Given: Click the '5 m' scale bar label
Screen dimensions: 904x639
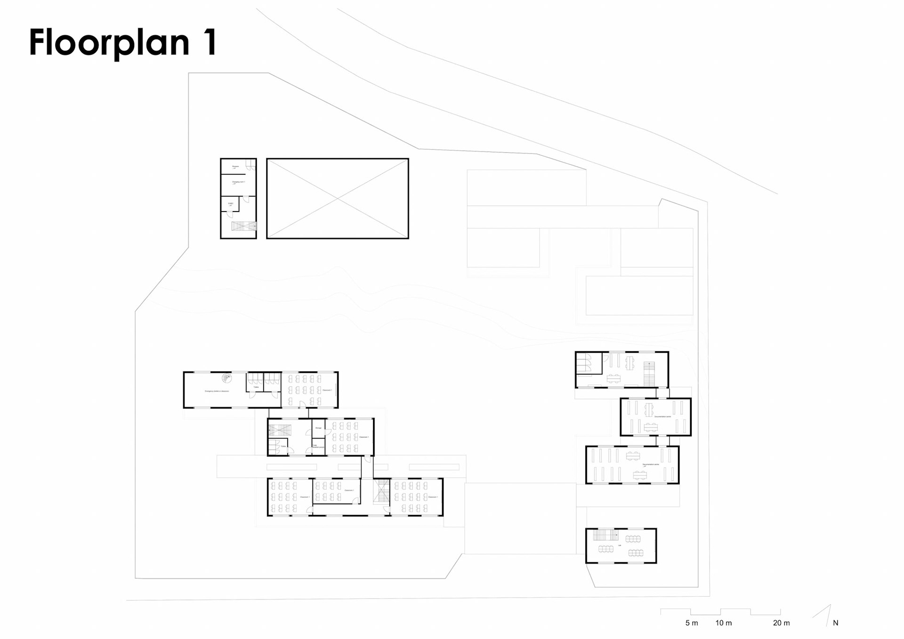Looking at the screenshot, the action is [691, 623].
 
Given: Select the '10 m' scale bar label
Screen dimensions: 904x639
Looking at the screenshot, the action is [724, 623].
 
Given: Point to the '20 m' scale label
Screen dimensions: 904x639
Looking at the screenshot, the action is [781, 623].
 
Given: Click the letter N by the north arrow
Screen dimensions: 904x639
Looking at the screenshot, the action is [836, 623].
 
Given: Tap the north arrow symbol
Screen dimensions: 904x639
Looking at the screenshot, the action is [824, 615].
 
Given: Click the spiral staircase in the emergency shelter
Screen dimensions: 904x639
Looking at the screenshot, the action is [227, 378].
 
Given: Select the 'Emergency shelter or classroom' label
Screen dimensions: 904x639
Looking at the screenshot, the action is [217, 391].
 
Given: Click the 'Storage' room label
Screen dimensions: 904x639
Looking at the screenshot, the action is [318, 428].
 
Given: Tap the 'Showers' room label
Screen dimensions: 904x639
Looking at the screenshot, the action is [235, 166].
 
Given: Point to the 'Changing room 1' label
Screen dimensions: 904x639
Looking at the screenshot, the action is [238, 182].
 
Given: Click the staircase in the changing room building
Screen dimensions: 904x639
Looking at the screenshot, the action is [243, 226].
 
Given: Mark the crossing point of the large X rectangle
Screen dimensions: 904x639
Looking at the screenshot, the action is [338, 199].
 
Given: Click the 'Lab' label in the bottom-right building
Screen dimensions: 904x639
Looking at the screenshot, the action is [620, 545].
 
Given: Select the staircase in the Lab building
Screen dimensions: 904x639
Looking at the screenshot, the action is [605, 535].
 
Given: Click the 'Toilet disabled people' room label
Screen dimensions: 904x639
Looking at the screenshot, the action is [318, 446].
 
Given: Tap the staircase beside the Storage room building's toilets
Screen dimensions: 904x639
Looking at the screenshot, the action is [280, 430].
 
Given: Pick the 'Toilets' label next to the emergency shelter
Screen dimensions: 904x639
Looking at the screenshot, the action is [256, 387].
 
